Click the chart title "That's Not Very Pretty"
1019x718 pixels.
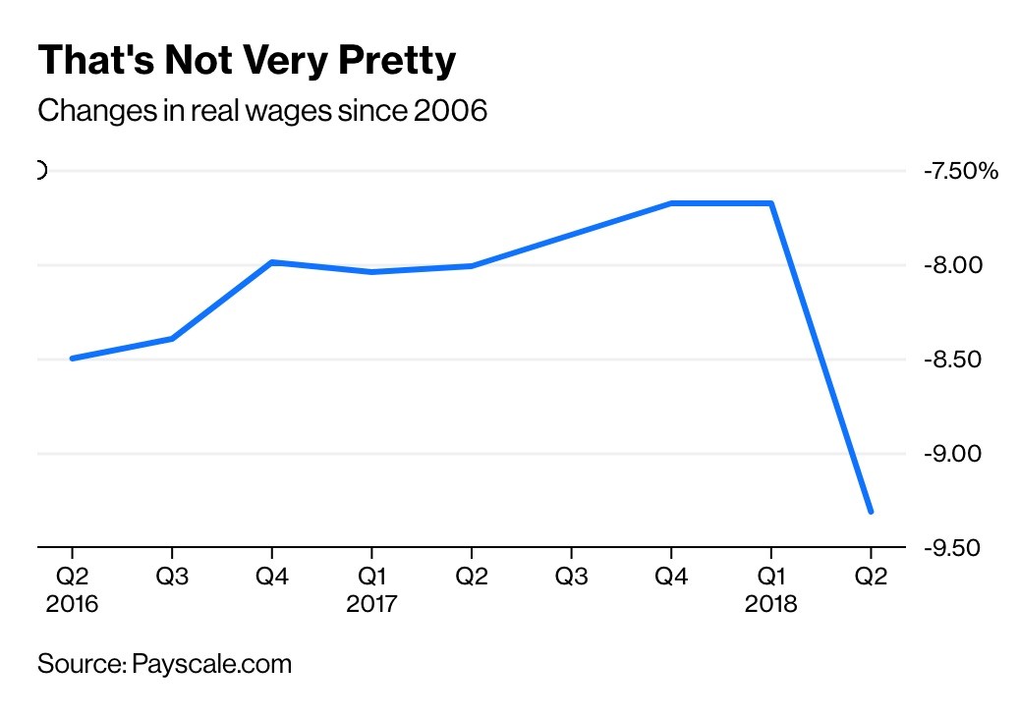(247, 62)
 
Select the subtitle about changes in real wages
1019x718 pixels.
(262, 111)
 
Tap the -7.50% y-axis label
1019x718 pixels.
(960, 171)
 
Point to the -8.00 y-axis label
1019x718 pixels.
(953, 265)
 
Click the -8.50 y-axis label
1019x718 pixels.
(953, 359)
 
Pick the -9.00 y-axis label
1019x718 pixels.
(953, 454)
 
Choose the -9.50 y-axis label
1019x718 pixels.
(953, 547)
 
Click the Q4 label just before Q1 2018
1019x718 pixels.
(671, 578)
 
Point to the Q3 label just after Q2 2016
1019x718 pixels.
(172, 578)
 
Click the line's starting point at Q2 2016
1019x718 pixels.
(72, 359)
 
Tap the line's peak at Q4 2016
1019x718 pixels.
(271, 262)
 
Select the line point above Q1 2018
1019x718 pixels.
(771, 203)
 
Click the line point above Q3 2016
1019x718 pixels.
(172, 339)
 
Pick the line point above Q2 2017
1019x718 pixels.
(472, 266)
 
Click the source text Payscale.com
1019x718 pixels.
(209, 664)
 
